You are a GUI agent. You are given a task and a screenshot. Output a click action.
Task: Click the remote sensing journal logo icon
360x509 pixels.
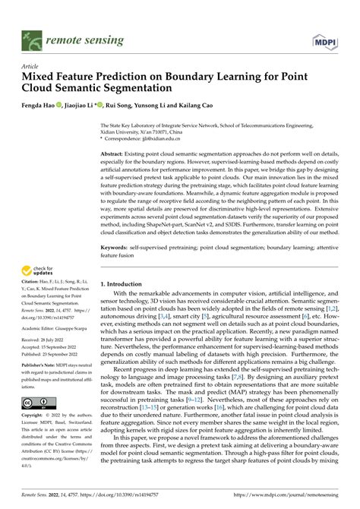(33, 36)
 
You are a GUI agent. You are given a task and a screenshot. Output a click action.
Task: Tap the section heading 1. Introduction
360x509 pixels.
(126, 283)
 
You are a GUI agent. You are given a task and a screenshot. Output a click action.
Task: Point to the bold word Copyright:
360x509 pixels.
(36, 416)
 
